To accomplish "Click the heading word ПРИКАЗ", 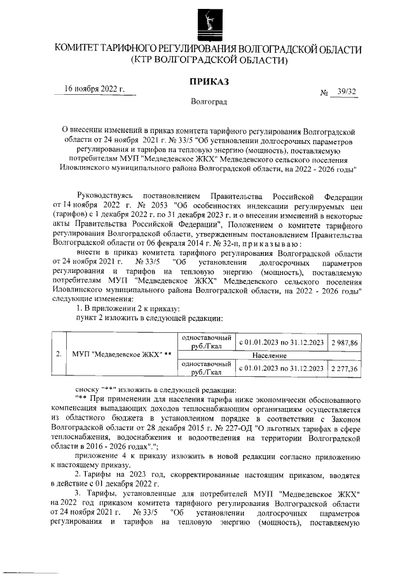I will [208, 82].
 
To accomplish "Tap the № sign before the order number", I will [324, 93].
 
